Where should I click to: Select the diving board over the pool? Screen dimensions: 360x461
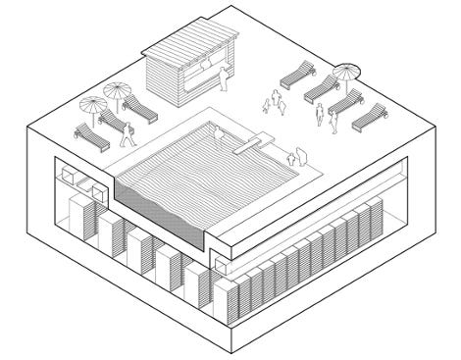pyautogui.click(x=251, y=145)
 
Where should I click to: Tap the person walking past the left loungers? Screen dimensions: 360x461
pyautogui.click(x=126, y=132)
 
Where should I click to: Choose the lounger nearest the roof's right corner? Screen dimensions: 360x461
pyautogui.click(x=370, y=117)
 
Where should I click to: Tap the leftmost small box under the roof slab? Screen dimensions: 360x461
pyautogui.click(x=69, y=175)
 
